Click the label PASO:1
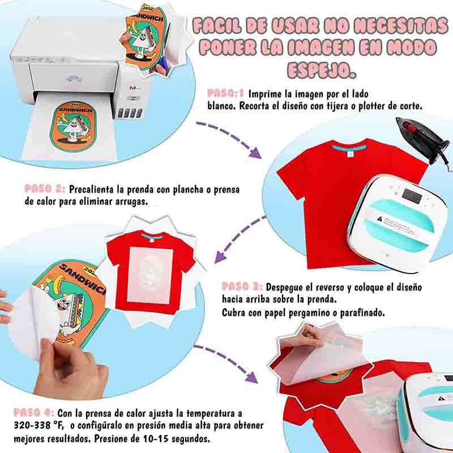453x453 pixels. coord(225,93)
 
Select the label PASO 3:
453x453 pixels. coord(241,287)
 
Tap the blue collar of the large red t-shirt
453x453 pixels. coord(341,148)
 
